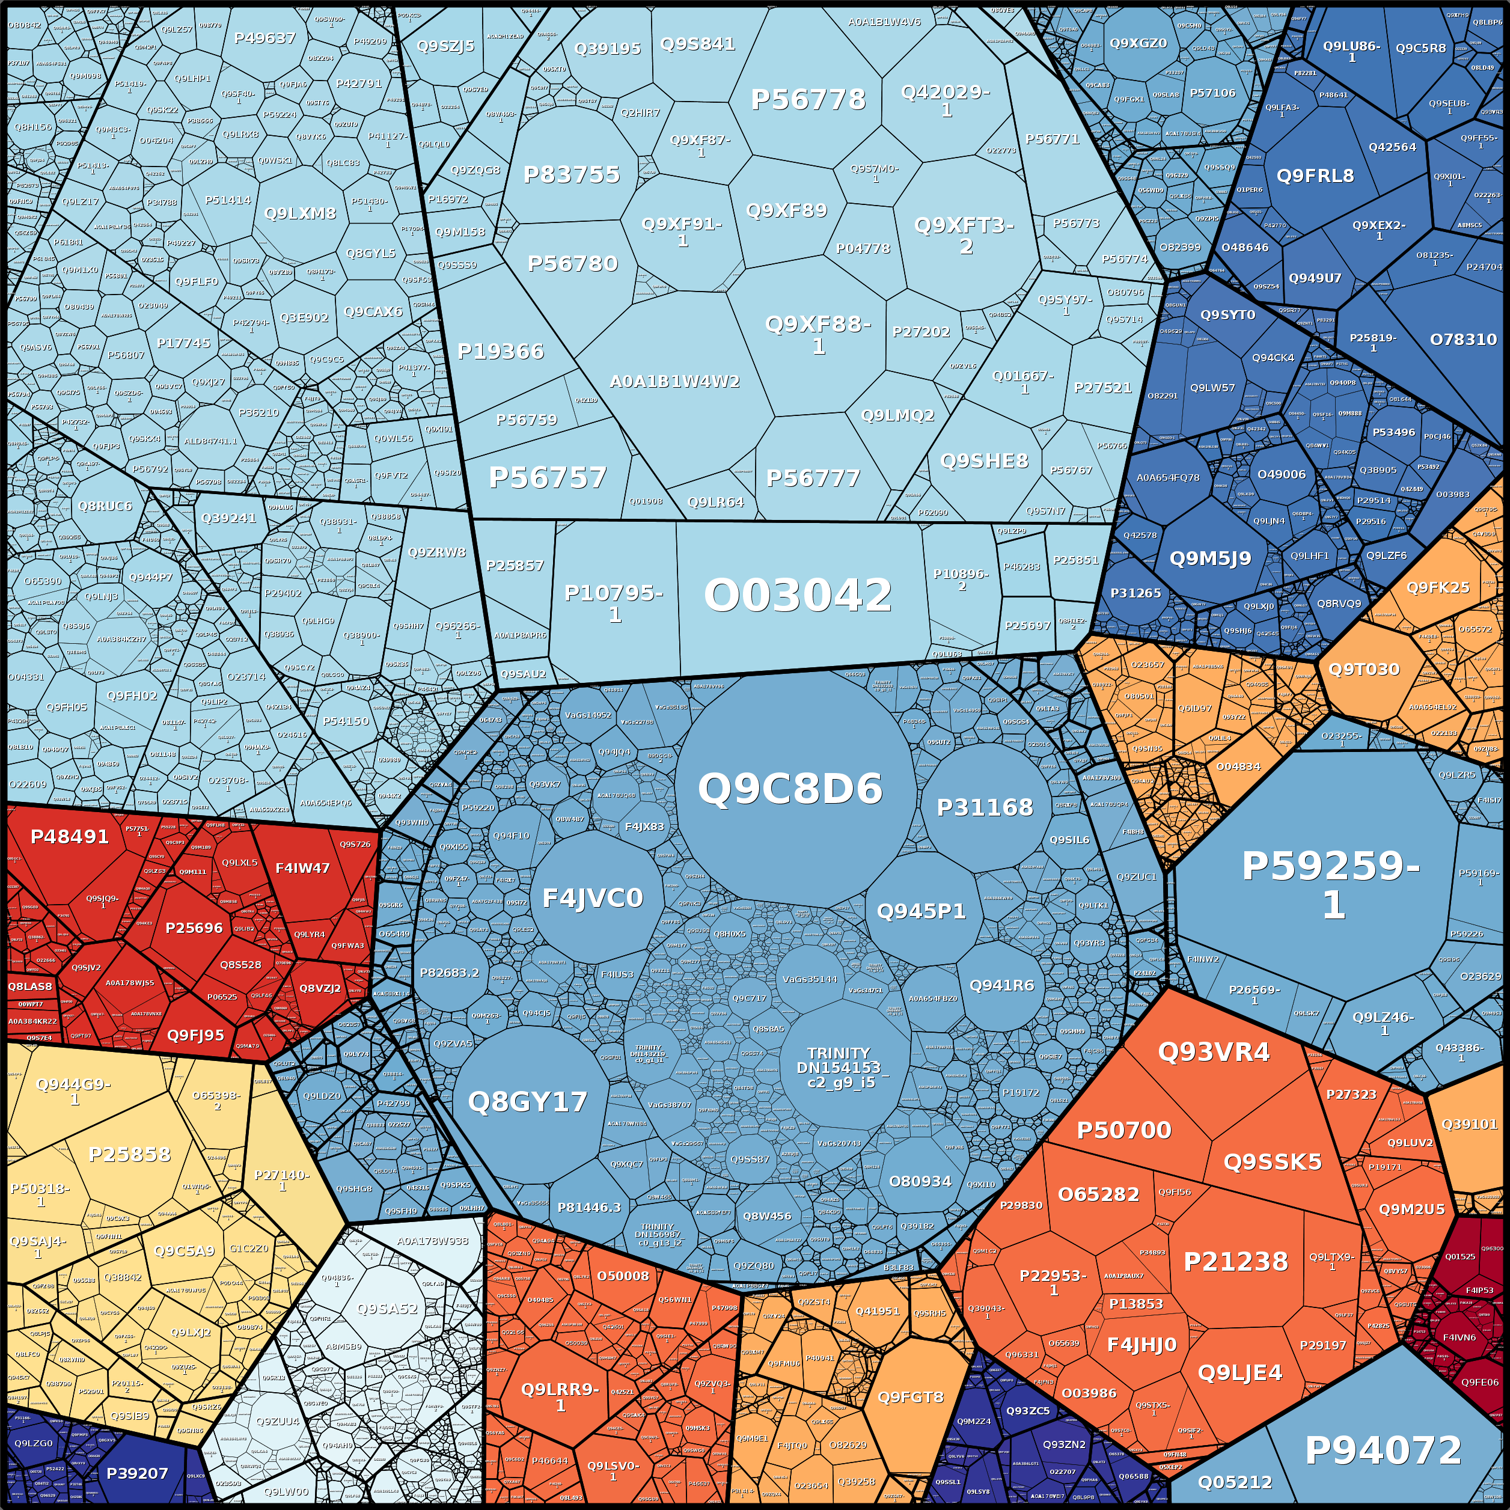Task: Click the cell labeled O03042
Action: click(797, 596)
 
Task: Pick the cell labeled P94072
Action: click(1383, 1450)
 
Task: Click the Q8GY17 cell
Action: click(528, 1102)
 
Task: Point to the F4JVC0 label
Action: click(593, 898)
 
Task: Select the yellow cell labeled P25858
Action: click(130, 1154)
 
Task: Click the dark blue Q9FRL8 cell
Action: click(1315, 176)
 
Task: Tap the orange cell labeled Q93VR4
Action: click(1213, 1052)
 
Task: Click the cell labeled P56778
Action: click(808, 99)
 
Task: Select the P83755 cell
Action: click(571, 174)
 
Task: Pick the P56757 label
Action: click(547, 477)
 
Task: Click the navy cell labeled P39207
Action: click(137, 1473)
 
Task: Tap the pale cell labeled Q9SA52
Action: click(387, 1309)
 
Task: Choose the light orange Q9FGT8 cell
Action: click(911, 1396)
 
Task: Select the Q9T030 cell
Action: click(1364, 669)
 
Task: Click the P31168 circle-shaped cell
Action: click(985, 807)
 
